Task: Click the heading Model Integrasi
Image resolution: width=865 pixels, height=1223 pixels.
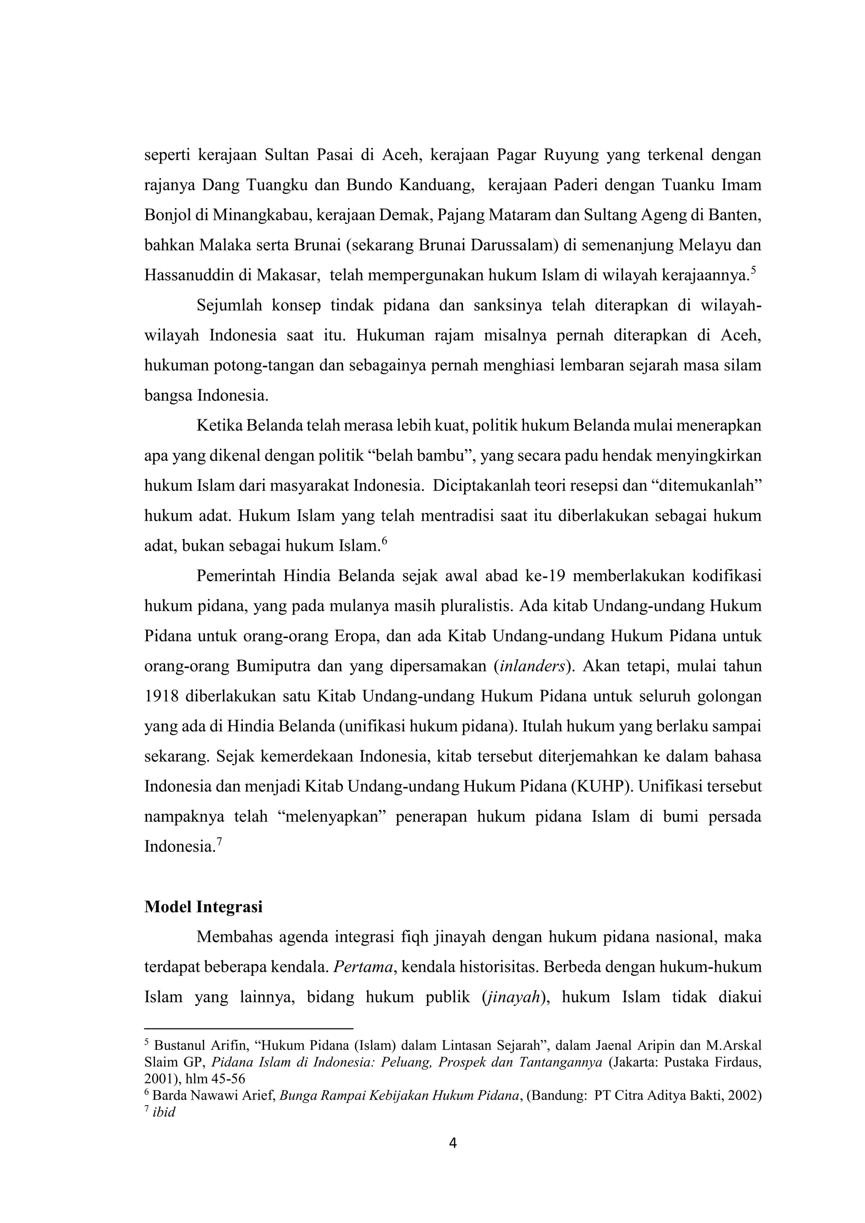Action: (204, 907)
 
